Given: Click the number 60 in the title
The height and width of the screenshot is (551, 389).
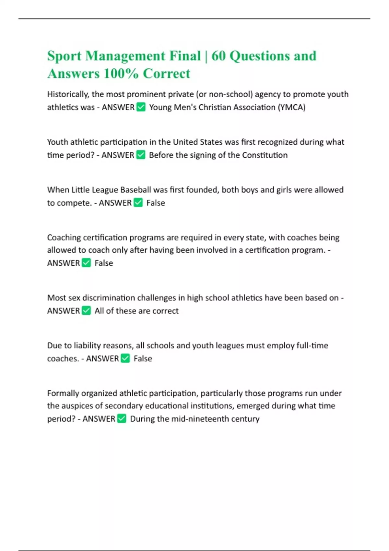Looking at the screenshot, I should (x=218, y=56).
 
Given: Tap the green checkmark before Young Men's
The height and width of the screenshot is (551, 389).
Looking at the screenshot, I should (x=141, y=107).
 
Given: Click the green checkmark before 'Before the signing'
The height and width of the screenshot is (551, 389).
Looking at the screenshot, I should (x=141, y=155).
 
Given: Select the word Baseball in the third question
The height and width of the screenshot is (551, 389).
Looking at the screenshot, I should (x=136, y=190).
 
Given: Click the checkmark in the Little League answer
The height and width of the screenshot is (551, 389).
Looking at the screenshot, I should (x=138, y=203).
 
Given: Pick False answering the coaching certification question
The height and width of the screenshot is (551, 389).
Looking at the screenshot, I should (x=104, y=263).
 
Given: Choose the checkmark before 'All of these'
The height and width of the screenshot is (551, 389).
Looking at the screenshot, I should (x=86, y=311).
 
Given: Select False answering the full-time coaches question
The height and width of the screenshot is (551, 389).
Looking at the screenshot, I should (x=143, y=358).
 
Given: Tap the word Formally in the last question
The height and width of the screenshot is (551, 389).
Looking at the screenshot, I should (x=63, y=393).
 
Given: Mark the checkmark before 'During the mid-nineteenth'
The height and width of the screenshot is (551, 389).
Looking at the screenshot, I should (x=122, y=418).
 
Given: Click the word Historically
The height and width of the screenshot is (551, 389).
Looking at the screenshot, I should (x=68, y=94).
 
